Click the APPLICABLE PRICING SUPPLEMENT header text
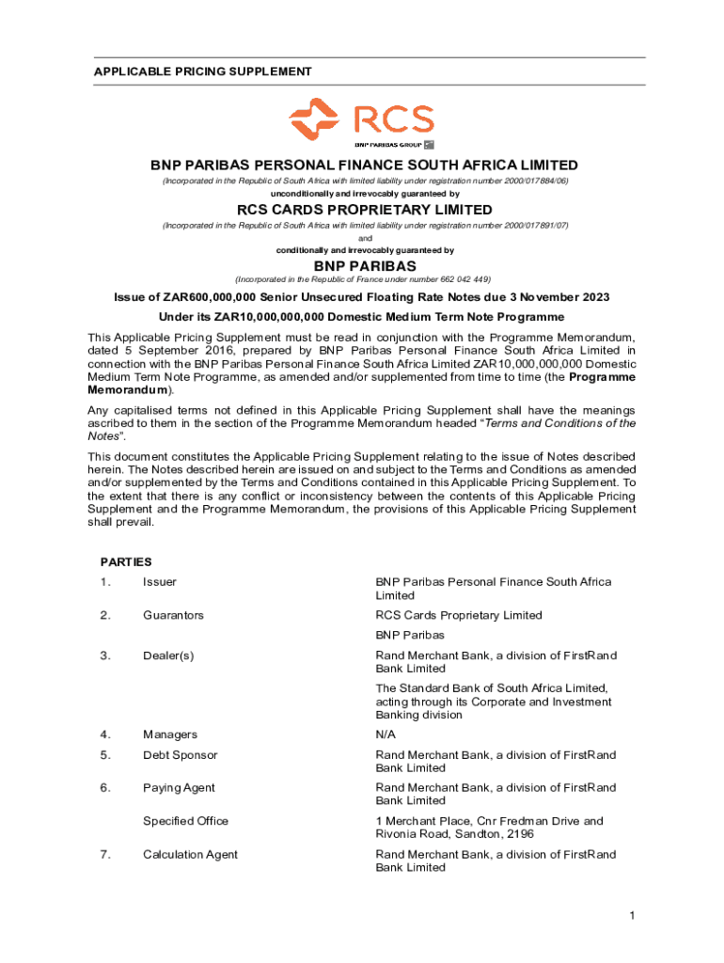tap(202, 71)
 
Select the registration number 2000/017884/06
tap(522, 180)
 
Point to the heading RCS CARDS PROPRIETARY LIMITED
tap(364, 210)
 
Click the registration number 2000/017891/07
tap(522, 226)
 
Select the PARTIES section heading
tap(126, 561)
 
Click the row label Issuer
tap(160, 582)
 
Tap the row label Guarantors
tap(173, 615)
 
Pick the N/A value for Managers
tap(386, 734)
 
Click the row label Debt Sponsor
tap(180, 754)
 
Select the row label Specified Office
tap(185, 821)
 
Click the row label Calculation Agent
tap(190, 854)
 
